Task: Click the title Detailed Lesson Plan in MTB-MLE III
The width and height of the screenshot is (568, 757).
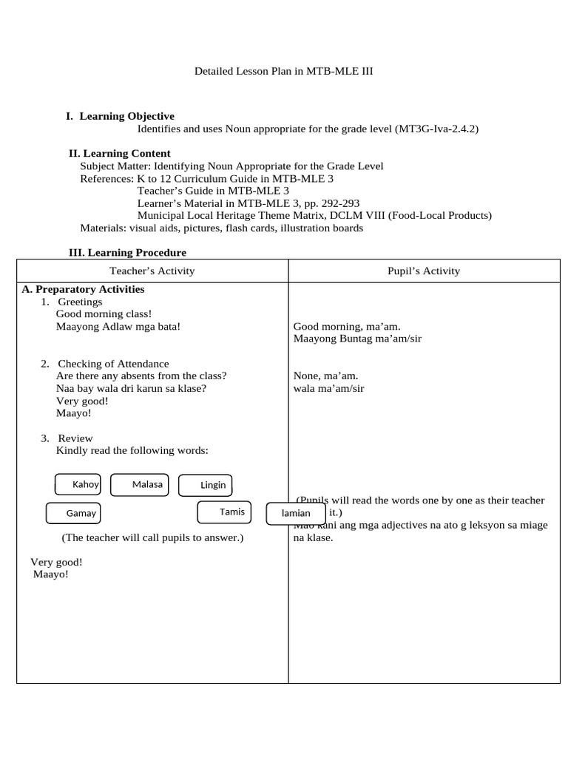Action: pos(289,72)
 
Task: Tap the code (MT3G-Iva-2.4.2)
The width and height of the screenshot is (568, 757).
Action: pos(437,129)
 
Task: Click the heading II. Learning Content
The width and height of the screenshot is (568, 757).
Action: pos(120,154)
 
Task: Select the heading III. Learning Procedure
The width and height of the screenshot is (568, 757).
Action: pos(127,253)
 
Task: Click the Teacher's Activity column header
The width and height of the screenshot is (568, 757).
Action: pos(152,271)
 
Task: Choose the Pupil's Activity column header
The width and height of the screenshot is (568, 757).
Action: pos(424,271)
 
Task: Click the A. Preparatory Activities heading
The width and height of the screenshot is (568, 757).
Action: pos(83,289)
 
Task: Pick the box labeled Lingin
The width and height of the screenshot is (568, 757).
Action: pos(206,486)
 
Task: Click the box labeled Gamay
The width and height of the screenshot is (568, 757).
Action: pos(74,513)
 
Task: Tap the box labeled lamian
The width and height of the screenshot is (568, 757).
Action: pos(295,513)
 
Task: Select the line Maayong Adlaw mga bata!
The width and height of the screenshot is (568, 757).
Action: pos(118,326)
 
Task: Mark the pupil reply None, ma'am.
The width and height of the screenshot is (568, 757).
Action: pos(325,376)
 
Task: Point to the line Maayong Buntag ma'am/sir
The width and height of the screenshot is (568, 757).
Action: pos(357,339)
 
